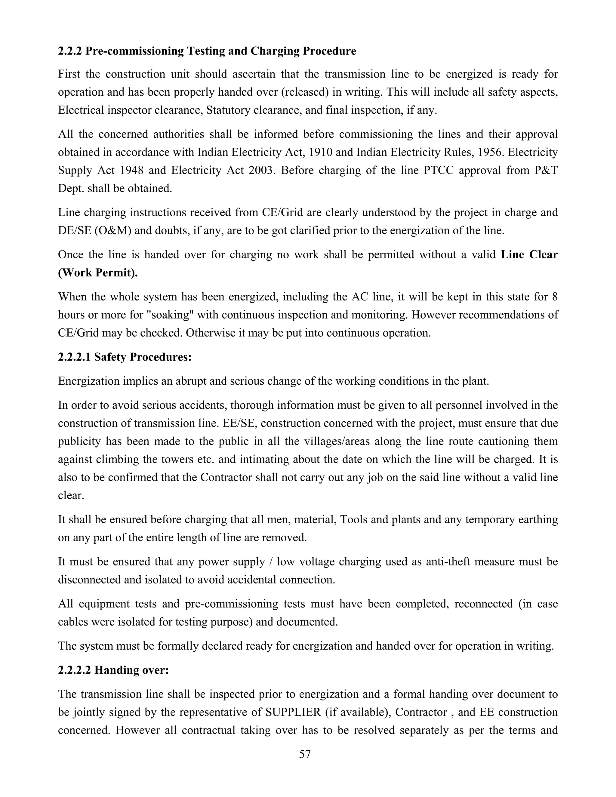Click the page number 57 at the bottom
pyautogui.click(x=305, y=754)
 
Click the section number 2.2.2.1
pyautogui.click(x=74, y=357)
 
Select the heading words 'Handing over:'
pyautogui.click(x=131, y=670)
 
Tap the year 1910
pyautogui.click(x=320, y=152)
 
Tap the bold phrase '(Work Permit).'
pyautogui.click(x=98, y=272)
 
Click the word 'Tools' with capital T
pyautogui.click(x=354, y=519)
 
